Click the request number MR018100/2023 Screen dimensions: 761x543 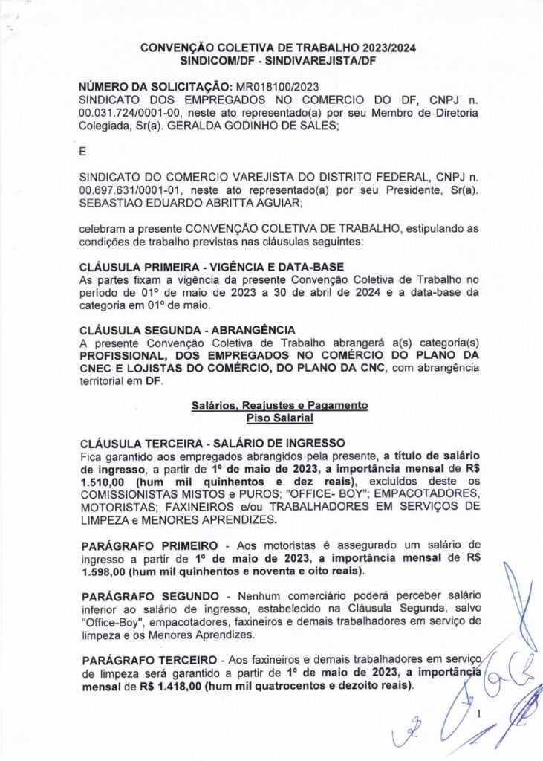click(x=276, y=87)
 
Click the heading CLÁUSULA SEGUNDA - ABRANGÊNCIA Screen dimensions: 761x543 click(x=186, y=329)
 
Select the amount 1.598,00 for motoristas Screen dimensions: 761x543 click(x=104, y=571)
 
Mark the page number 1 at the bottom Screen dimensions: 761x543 click(x=480, y=715)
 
